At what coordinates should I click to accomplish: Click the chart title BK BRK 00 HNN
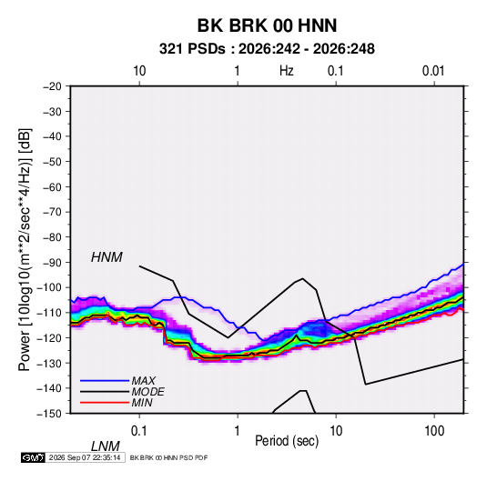click(x=267, y=25)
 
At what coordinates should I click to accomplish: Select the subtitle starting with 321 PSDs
click(x=267, y=49)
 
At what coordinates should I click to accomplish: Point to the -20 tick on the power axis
click(x=52, y=86)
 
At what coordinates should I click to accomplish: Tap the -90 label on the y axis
click(x=52, y=262)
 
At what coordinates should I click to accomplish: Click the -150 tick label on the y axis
click(x=49, y=414)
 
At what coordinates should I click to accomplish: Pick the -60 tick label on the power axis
click(x=52, y=186)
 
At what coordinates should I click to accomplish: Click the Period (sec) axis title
click(x=287, y=441)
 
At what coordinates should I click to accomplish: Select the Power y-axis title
click(x=25, y=249)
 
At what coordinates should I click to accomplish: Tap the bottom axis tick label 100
click(x=433, y=431)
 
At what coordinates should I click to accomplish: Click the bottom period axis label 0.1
click(x=138, y=431)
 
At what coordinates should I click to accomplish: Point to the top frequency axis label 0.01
click(x=433, y=71)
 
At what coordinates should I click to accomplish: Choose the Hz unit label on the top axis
click(x=287, y=71)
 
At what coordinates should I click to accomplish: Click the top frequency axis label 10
click(x=139, y=71)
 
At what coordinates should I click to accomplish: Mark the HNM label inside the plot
click(x=107, y=257)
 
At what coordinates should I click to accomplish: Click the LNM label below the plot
click(x=106, y=446)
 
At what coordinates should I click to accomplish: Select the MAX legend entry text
click(x=143, y=380)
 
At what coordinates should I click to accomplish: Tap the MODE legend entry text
click(x=147, y=392)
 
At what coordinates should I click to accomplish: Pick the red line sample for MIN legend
click(x=105, y=403)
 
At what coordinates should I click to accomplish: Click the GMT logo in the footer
click(x=34, y=457)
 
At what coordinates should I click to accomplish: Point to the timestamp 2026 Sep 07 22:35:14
click(x=85, y=457)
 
